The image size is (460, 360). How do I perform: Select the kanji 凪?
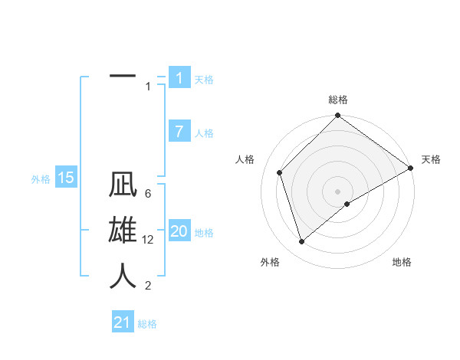[123, 186]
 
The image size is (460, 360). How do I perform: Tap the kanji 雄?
[123, 231]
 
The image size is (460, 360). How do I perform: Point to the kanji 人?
[123, 275]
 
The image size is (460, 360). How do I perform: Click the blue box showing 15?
[66, 178]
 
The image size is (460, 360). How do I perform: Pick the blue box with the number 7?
[179, 132]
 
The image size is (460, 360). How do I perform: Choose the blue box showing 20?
[179, 231]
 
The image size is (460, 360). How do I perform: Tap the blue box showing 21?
[123, 322]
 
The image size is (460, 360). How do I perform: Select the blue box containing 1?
[179, 78]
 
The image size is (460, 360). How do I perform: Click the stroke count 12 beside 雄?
[149, 240]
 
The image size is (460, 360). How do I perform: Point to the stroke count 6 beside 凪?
[147, 194]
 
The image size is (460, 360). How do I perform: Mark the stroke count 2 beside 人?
[147, 286]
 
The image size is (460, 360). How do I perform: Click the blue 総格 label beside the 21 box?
[147, 324]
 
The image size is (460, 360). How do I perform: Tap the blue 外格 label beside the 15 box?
[41, 179]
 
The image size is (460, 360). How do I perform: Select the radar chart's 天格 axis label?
[431, 159]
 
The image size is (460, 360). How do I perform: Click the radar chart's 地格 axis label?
[402, 262]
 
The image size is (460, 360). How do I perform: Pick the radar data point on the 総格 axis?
[337, 116]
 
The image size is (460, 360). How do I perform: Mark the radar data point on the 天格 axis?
[410, 169]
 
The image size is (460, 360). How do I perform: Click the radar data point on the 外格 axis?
[301, 242]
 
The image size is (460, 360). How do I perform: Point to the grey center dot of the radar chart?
[337, 191]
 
